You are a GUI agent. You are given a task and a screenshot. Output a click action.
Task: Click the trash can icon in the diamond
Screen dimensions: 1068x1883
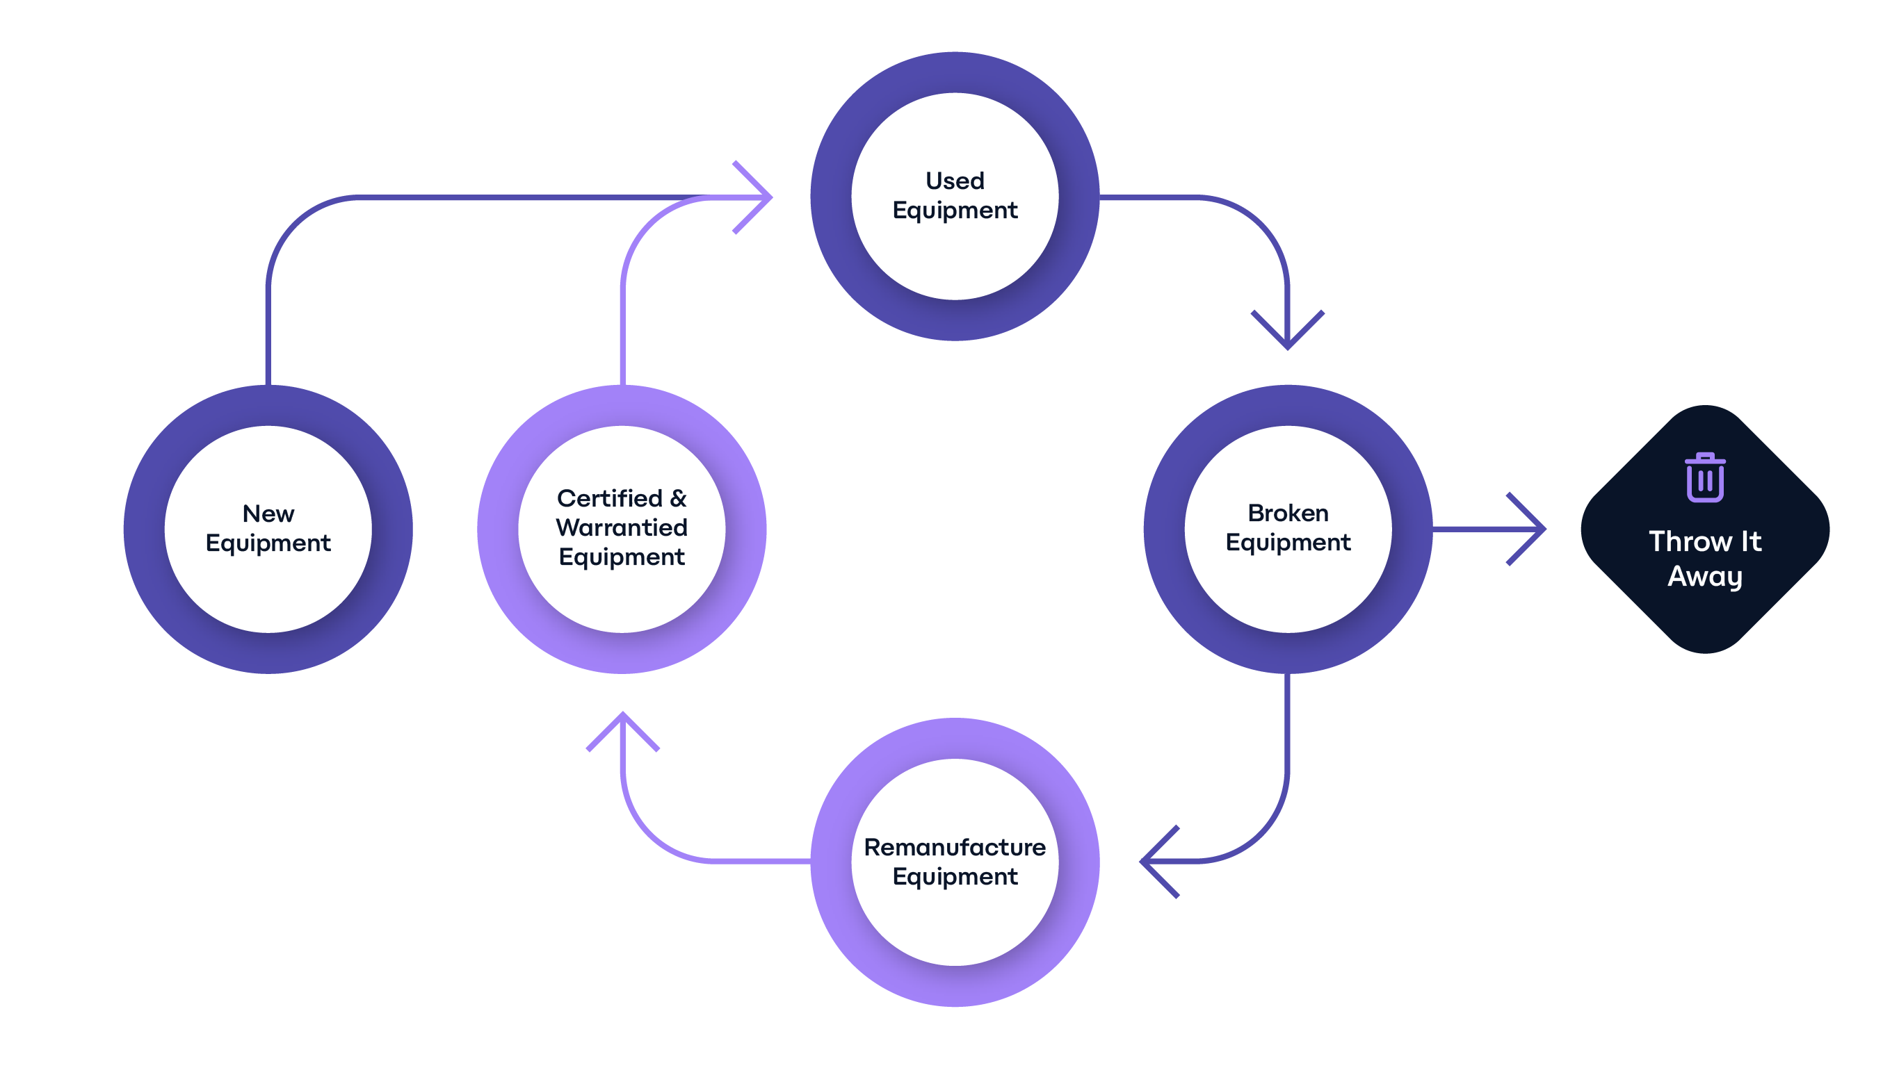click(1705, 477)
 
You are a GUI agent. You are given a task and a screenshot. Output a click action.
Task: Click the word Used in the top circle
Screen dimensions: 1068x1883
click(954, 181)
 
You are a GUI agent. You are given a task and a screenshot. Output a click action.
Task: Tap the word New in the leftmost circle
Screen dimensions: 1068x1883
click(268, 514)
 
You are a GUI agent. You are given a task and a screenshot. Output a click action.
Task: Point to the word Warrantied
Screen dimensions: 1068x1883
click(621, 527)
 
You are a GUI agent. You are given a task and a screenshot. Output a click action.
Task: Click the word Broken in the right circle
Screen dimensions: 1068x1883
click(1287, 513)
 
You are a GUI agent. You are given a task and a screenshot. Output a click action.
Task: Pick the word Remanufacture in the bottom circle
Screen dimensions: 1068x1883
click(954, 847)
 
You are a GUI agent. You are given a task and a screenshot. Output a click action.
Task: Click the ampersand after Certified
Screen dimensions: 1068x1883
click(677, 498)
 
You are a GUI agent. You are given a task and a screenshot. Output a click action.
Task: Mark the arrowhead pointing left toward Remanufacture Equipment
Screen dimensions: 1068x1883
click(1154, 861)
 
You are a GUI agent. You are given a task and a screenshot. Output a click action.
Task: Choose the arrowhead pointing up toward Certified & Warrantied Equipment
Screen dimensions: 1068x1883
click(622, 726)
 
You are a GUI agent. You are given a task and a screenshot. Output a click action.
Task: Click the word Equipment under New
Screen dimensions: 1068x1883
click(268, 543)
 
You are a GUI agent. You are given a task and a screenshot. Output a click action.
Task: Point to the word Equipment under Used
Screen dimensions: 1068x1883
click(954, 211)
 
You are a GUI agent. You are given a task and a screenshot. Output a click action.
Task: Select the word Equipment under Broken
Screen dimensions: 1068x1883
click(1287, 543)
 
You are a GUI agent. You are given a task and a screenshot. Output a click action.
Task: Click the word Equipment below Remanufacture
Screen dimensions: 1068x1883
click(954, 876)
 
